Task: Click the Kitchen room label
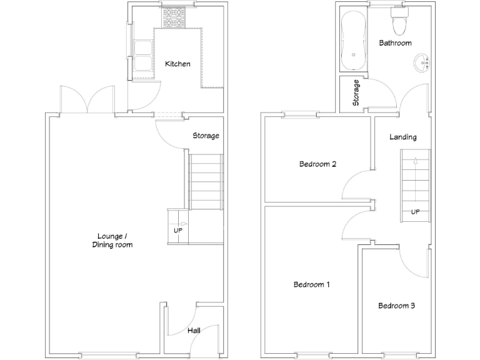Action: [x=177, y=64]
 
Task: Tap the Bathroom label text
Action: [x=395, y=43]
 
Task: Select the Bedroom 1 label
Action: [x=312, y=285]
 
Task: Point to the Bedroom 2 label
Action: [x=318, y=164]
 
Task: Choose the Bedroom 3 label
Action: [x=396, y=306]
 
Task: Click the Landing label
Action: [x=402, y=137]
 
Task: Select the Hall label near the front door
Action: [x=194, y=330]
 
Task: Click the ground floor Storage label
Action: [x=206, y=136]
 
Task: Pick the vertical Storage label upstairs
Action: [x=356, y=92]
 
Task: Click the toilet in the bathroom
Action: [x=398, y=22]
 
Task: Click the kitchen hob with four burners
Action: [x=174, y=17]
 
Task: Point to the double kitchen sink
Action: [x=142, y=55]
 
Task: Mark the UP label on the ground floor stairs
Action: [x=177, y=230]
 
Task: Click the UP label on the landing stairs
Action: [x=415, y=212]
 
